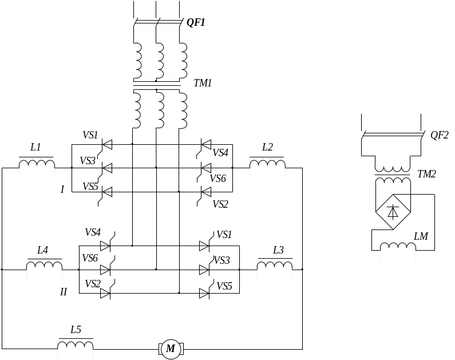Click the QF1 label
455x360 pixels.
196,22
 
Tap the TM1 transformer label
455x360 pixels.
203,83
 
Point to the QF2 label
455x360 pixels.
440,135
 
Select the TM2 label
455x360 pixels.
426,174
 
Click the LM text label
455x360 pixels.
421,236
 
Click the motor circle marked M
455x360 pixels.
171,349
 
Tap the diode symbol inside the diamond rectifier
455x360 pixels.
393,212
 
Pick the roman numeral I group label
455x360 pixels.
62,189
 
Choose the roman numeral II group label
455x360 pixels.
64,292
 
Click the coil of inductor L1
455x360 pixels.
37,164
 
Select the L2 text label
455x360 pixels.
267,147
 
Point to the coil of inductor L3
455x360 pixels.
275,266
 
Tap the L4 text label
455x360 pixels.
42,250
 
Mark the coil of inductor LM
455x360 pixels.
398,246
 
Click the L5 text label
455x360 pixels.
76,330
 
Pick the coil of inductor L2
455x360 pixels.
267,164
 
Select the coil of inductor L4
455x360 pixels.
44,266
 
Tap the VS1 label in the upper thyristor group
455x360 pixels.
90,135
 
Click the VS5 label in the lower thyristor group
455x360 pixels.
224,286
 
